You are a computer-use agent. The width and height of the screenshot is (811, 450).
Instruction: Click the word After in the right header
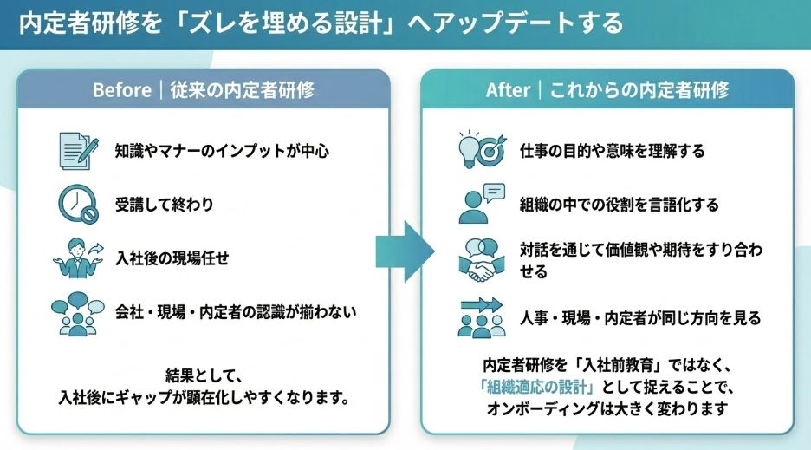pos(508,89)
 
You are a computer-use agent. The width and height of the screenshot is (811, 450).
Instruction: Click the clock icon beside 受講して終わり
pos(77,205)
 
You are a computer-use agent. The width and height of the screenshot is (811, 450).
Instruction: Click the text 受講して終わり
pos(164,205)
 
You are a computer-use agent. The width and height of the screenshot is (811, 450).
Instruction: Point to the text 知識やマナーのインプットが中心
pos(222,150)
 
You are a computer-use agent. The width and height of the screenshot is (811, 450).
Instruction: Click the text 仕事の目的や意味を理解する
pos(612,150)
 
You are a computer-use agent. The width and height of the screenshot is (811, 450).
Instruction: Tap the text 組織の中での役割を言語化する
pos(620,205)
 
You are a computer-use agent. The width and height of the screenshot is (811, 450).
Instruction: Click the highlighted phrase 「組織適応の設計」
pos(539,386)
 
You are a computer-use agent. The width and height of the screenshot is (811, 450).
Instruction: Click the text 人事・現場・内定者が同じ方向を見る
pos(640,318)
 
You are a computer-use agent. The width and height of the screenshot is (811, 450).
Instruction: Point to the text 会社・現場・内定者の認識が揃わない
pos(236,310)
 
